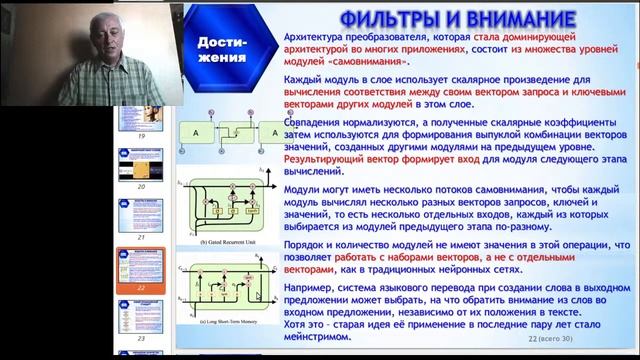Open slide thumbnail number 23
[x=140, y=324]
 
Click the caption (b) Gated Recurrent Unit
[x=228, y=243]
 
